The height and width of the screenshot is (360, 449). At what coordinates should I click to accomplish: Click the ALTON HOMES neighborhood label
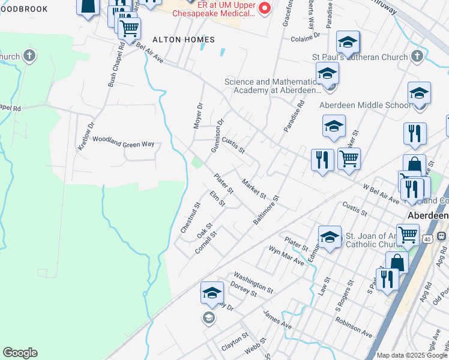183,40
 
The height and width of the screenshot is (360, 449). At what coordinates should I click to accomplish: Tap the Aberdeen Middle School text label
366,104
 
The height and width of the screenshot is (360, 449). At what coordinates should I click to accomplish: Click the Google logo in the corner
20,353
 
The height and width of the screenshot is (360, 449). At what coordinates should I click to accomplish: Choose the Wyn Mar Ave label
286,257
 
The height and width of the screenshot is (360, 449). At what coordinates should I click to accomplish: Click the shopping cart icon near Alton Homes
129,28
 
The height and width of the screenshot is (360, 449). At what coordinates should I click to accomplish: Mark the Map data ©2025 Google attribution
412,355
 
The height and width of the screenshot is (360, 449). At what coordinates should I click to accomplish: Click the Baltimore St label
267,209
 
